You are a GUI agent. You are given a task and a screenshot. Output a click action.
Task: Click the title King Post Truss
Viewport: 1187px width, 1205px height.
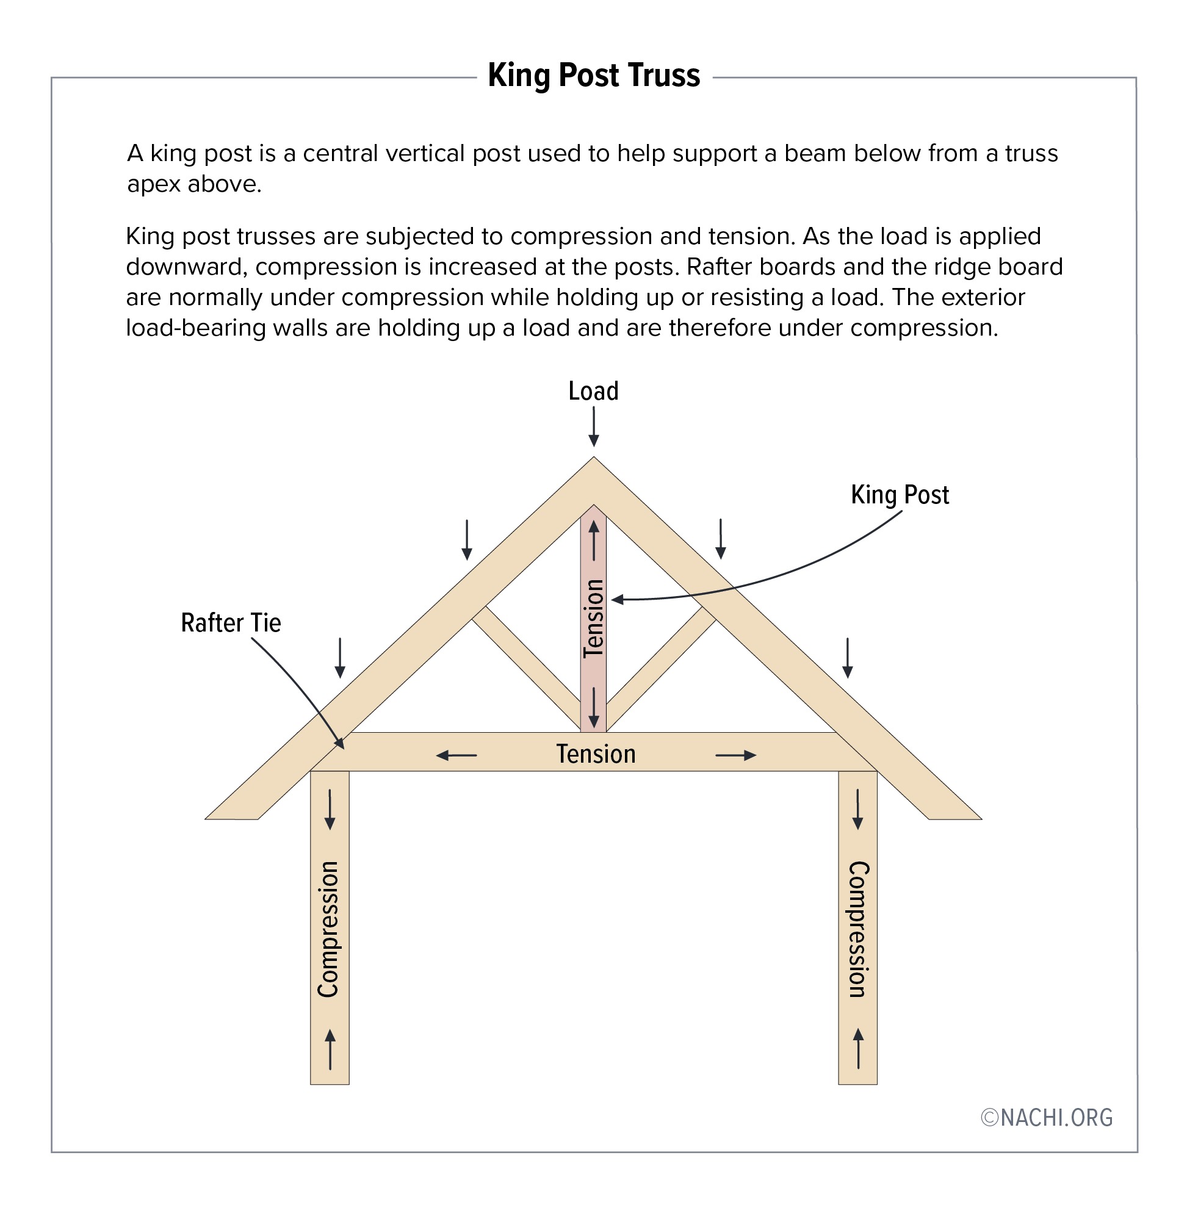593,76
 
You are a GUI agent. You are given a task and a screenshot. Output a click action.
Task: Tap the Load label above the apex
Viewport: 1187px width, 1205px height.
593,391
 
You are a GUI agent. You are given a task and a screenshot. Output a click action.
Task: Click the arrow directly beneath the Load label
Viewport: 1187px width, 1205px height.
593,427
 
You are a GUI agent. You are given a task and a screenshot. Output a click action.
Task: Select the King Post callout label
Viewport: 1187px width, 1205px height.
900,494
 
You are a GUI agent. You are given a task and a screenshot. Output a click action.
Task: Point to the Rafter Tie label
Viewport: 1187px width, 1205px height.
231,623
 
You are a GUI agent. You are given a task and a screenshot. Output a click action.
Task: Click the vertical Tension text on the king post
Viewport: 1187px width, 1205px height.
593,618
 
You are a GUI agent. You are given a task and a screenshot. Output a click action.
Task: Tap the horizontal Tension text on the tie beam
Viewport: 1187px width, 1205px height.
596,754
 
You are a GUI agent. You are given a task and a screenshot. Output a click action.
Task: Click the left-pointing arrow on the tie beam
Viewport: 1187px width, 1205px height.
456,755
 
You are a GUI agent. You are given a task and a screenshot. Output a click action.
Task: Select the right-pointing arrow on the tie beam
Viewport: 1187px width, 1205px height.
735,755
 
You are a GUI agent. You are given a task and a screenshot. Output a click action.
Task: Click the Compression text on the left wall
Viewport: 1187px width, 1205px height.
328,929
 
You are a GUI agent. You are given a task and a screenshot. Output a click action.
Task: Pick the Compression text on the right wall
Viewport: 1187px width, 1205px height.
859,929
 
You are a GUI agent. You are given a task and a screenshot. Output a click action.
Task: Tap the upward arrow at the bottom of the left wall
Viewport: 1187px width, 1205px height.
330,1049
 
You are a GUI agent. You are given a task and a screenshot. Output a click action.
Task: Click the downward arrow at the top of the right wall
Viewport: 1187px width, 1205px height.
858,809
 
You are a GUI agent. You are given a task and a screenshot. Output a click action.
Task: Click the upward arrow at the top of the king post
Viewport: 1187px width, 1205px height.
593,541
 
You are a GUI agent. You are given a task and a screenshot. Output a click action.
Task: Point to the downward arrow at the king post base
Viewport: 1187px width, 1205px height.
593,708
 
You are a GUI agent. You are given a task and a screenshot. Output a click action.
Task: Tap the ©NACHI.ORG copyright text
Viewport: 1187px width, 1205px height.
1047,1118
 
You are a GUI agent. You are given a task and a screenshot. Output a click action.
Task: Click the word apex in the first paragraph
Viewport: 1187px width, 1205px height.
153,184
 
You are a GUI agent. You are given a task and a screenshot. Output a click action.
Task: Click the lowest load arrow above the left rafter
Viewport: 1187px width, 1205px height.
340,658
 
